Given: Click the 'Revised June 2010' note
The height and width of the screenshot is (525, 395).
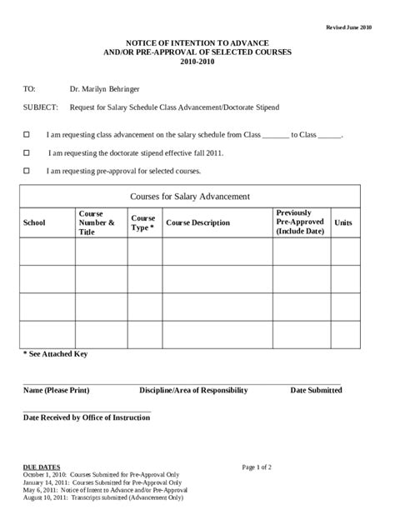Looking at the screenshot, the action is point(351,28).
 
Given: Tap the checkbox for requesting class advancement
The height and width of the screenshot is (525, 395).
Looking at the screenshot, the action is point(27,133).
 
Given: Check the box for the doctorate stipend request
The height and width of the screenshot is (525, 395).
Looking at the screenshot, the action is point(27,152).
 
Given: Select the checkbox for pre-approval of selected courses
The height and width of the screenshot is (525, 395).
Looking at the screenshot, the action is point(27,171).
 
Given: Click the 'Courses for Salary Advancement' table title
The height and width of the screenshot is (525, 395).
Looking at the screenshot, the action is point(191,196).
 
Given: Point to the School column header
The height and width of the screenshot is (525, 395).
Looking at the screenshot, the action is point(35,222).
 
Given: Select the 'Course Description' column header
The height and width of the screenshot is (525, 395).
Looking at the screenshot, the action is point(198,222).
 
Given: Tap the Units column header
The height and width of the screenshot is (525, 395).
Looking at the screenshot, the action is point(343,222).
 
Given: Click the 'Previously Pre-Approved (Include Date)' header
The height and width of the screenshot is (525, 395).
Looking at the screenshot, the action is point(298,222).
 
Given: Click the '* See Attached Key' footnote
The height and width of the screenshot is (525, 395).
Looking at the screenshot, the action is point(55,354).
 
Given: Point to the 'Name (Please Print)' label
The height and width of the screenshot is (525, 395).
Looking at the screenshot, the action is point(56,390).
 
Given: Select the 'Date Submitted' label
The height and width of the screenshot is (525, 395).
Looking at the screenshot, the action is point(315,390).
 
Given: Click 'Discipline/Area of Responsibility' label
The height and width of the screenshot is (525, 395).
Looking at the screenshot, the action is point(193,390).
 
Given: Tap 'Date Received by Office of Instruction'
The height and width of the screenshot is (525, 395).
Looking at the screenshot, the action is point(87,417).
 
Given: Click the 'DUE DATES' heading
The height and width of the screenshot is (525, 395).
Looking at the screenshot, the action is point(39,467).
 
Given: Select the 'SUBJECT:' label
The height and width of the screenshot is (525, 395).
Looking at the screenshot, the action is point(41,107).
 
